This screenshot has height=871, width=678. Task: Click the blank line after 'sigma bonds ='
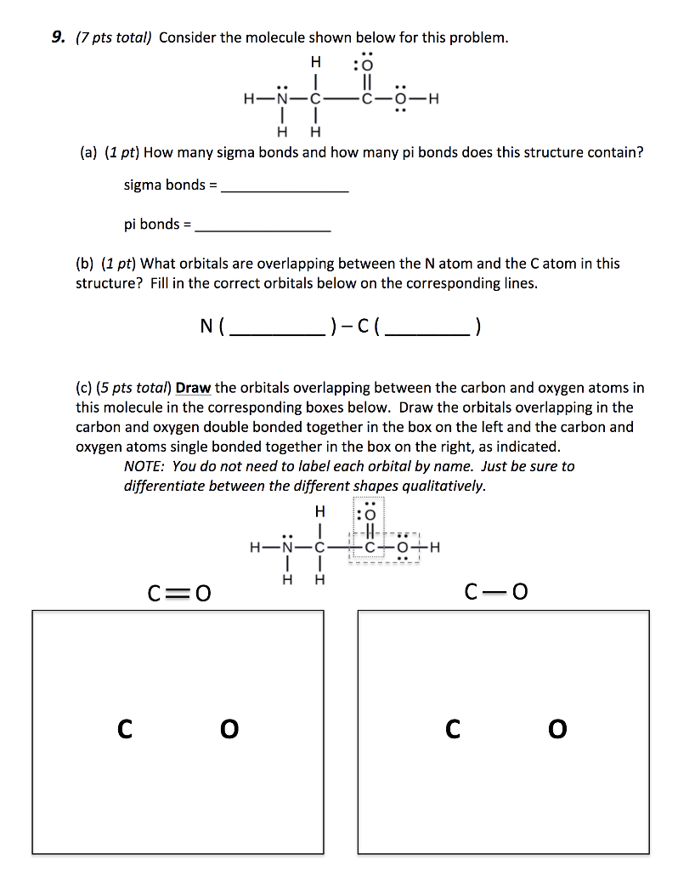(284, 191)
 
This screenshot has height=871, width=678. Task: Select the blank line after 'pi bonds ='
(263, 230)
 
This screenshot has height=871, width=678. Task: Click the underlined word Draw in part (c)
(193, 388)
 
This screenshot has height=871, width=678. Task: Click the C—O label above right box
(496, 591)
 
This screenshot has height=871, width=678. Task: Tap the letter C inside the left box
(125, 729)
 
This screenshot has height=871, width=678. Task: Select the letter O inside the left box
(229, 729)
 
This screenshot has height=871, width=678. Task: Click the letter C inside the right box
(453, 729)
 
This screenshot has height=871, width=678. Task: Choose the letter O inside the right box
(557, 729)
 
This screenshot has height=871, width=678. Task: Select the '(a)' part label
(86, 153)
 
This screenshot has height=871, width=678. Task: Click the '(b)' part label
(86, 264)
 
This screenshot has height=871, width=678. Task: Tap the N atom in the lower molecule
(286, 547)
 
